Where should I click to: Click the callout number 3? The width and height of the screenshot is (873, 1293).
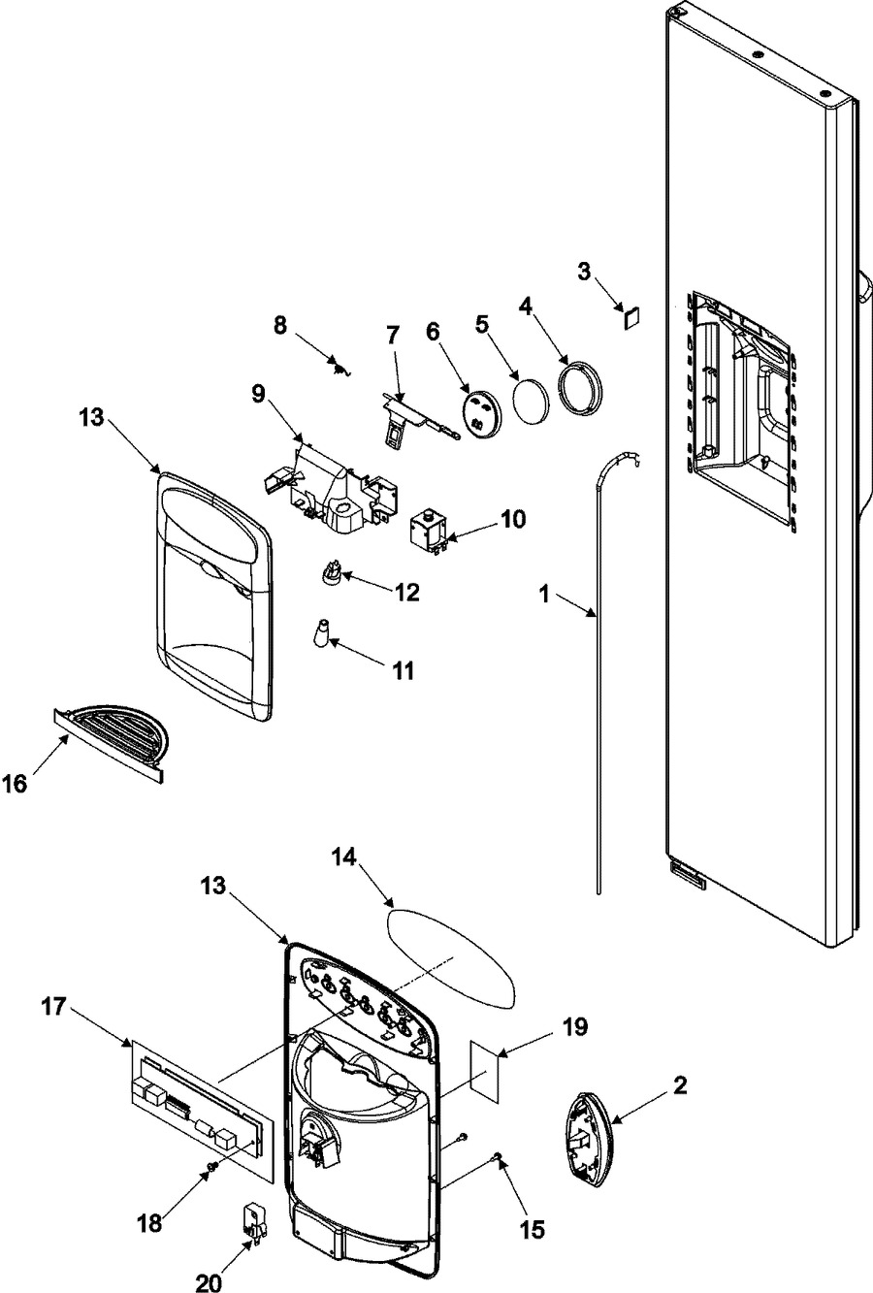point(584,271)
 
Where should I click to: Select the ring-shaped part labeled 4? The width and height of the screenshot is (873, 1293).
point(579,386)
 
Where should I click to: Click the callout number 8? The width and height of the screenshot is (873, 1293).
point(279,325)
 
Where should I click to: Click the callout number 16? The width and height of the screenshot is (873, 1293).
point(15,784)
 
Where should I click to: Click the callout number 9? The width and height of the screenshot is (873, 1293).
point(258,394)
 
